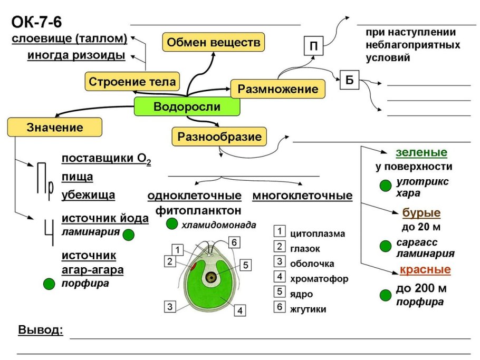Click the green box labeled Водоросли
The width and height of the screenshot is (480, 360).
click(187, 107)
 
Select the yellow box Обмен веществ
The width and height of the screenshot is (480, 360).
click(213, 42)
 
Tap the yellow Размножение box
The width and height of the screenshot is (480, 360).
click(277, 89)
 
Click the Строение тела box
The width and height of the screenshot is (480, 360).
click(132, 82)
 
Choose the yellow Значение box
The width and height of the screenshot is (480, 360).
click(55, 127)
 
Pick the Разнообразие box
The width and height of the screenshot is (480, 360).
click(219, 137)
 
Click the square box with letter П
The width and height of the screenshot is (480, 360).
click(313, 46)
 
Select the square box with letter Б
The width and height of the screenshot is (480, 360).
click(349, 80)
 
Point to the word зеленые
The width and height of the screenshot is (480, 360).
click(421, 153)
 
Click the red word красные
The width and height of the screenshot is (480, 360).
click(425, 270)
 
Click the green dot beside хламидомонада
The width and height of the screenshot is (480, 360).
click(171, 225)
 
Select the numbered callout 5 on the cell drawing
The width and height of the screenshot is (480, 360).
click(245, 265)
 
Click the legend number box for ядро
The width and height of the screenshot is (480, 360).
click(280, 293)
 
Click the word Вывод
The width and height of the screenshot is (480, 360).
click(41, 330)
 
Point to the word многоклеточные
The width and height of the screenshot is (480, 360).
click(302, 196)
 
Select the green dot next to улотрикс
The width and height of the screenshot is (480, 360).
click(386, 185)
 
